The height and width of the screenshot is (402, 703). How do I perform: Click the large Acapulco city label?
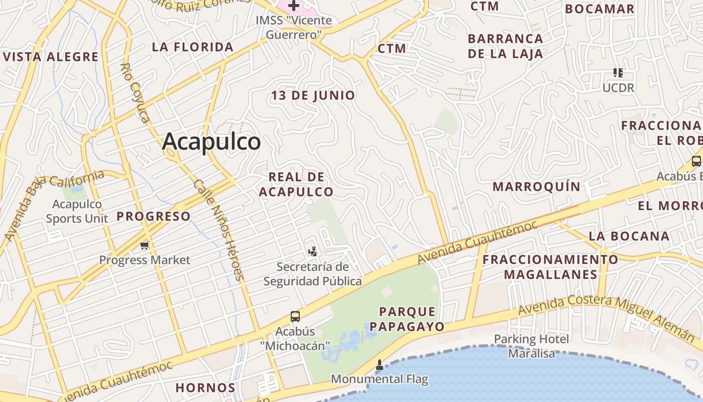211,142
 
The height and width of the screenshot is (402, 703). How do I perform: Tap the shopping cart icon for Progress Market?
145,246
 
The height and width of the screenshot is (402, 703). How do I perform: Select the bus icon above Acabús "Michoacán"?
295,317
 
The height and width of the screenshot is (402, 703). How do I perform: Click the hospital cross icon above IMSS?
294,6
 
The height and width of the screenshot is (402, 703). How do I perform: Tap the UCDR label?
618,87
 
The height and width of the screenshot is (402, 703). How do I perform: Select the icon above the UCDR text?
618,72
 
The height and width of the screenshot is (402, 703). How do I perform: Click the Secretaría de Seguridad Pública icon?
312,251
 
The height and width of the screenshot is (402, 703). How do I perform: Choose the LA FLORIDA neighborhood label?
193,47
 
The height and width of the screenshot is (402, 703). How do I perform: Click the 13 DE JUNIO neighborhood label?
313,95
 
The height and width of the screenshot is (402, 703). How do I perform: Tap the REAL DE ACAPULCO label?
296,184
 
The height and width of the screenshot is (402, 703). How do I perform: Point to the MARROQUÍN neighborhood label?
536,187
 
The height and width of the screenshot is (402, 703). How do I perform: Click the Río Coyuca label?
136,93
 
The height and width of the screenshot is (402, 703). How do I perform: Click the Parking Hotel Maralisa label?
532,346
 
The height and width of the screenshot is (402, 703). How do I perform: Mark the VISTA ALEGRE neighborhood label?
51,57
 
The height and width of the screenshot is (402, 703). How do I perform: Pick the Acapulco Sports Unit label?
77,211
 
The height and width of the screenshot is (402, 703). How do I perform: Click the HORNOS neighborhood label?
205,388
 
